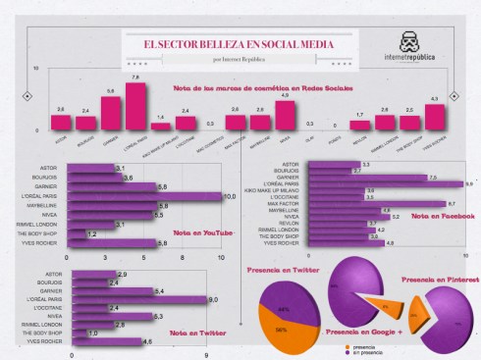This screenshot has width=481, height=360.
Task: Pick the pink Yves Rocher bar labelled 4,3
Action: pos(434,117)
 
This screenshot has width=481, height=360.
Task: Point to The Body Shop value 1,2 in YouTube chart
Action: pos(90,234)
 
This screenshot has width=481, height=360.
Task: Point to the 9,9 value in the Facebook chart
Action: pos(469,183)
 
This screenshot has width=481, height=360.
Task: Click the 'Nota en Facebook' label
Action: pos(430,216)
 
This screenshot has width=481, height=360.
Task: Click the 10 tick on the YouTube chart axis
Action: pos(222,256)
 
